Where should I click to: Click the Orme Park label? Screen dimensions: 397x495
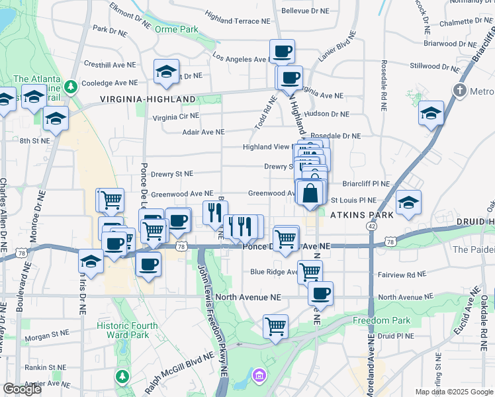point(176,30)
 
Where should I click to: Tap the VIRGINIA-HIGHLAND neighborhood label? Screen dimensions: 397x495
point(148,99)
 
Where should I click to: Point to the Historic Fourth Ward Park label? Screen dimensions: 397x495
point(127,330)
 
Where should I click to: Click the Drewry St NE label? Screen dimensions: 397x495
point(171,173)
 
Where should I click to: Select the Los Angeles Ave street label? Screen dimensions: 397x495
point(238,58)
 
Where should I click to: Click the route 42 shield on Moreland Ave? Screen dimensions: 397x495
point(371,226)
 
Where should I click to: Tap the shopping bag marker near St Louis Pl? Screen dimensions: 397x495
point(310,193)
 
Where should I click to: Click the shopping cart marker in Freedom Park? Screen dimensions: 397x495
point(275,326)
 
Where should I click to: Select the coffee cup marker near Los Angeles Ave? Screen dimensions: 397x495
point(282,50)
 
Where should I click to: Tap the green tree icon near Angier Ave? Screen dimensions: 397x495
point(122,376)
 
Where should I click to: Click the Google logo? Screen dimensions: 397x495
point(22,389)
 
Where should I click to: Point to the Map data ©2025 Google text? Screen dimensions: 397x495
point(453,392)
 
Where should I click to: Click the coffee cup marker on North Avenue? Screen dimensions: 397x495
point(320,292)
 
